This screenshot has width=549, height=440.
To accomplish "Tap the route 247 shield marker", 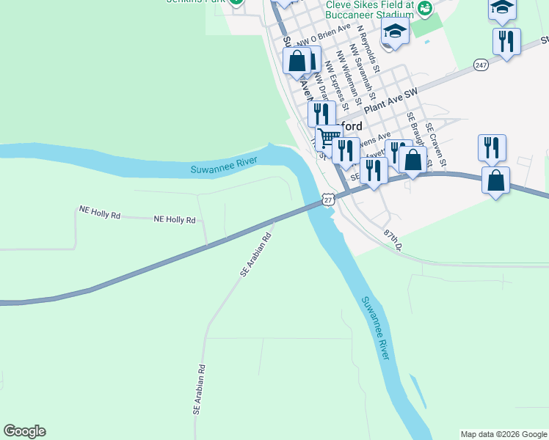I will [481, 65].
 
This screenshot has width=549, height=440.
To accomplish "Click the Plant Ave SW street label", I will [390, 100].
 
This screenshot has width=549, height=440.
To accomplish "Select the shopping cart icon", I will [329, 136].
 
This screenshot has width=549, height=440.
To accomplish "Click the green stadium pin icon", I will [425, 8].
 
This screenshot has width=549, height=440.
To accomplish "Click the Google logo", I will [24, 431].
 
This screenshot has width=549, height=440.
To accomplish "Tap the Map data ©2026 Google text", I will [503, 434].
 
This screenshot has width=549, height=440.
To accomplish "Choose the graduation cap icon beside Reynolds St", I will [394, 33].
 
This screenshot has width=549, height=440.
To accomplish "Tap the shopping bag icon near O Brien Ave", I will [298, 62].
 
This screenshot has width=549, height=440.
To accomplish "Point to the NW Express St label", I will [332, 82].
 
